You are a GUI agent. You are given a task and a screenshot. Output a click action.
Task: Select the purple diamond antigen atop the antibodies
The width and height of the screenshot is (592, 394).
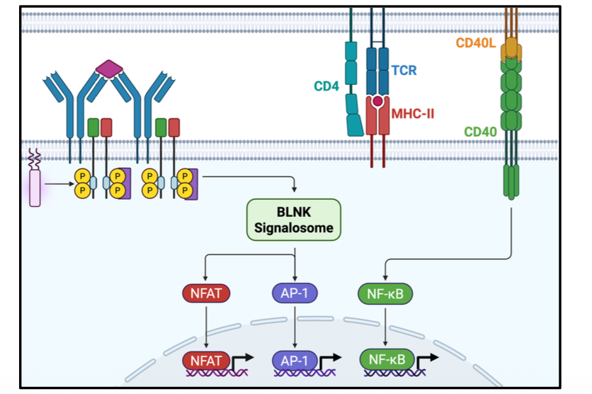point(110,69)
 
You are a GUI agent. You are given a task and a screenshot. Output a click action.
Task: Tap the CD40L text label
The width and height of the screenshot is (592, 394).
point(476,44)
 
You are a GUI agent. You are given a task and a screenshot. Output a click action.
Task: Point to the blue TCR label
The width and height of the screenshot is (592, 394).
point(404,71)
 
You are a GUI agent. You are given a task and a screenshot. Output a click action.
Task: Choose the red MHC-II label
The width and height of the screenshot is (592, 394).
point(413,113)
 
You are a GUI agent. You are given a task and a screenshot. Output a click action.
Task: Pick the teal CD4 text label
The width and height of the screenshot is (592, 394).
point(326,87)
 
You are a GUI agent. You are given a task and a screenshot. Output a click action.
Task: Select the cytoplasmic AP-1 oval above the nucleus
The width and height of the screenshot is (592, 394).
point(295,293)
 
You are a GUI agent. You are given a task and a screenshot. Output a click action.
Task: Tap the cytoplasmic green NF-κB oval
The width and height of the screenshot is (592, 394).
point(384,293)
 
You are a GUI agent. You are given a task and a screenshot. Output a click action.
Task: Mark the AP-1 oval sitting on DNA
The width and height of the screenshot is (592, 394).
point(295,360)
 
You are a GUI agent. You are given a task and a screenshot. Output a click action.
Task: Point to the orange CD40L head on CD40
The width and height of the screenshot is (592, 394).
point(510,50)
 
